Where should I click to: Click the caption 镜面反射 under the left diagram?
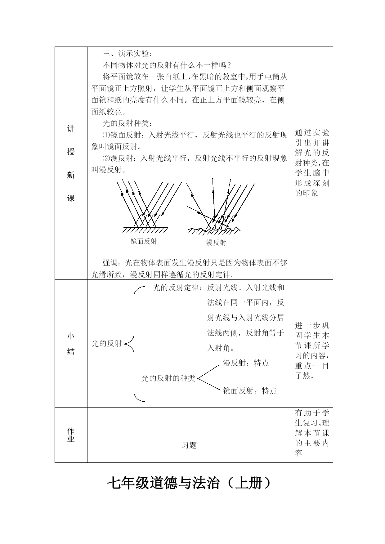(x=144, y=241)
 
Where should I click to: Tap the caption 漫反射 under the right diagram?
(x=216, y=243)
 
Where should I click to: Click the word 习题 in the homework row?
(x=189, y=446)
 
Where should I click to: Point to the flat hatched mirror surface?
(x=145, y=230)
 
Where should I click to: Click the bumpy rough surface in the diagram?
(x=214, y=230)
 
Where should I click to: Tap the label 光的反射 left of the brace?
(x=107, y=343)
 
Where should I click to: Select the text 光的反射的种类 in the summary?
(x=168, y=378)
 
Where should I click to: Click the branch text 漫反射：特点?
(x=246, y=363)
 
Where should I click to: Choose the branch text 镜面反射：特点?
(x=250, y=391)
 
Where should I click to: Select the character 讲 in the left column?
(x=71, y=129)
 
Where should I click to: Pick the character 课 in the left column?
(x=71, y=198)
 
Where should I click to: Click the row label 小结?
(x=71, y=344)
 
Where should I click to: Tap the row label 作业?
(x=71, y=435)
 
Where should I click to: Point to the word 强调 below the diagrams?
(x=110, y=263)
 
